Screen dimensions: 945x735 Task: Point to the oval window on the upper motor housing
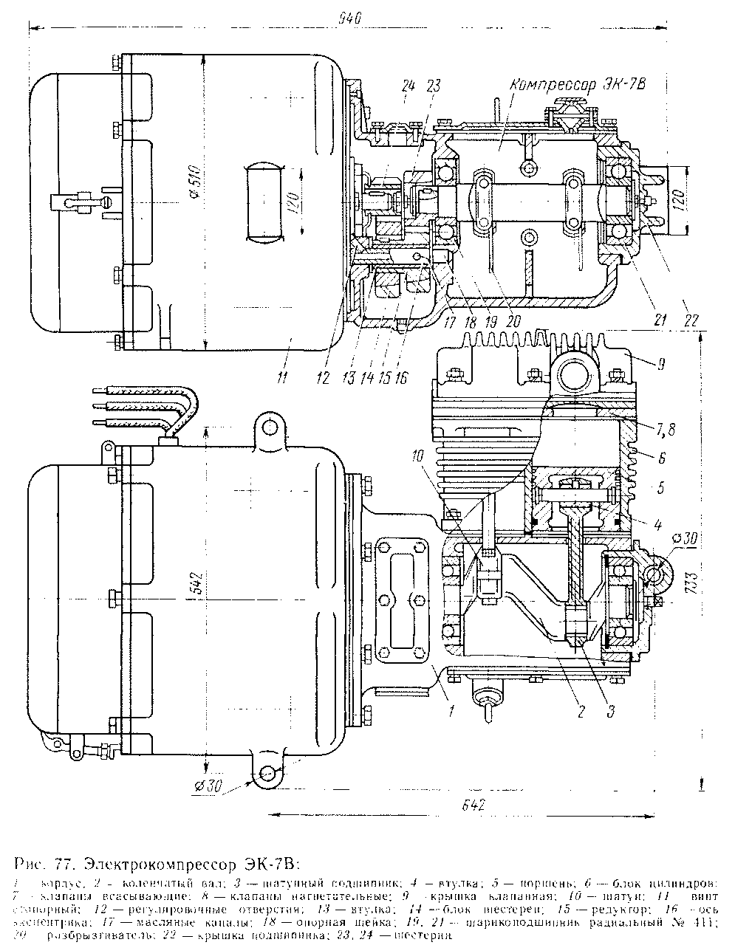tap(264, 202)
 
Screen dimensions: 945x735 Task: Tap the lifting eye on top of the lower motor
tap(269, 426)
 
